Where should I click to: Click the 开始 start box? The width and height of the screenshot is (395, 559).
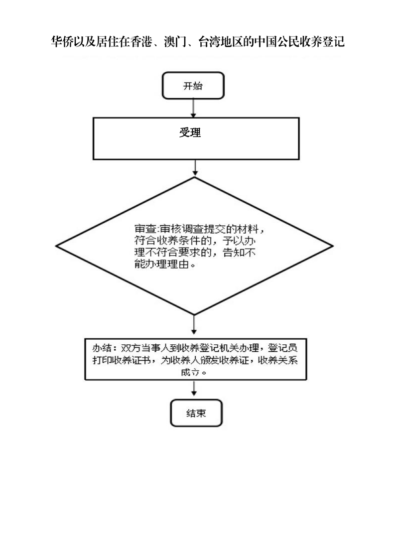[193, 86]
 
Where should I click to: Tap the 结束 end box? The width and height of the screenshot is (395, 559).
[196, 413]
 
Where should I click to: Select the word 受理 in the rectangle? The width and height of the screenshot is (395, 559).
[190, 133]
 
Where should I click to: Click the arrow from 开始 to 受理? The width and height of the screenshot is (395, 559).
[193, 109]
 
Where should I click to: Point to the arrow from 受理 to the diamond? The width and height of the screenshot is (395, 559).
[195, 167]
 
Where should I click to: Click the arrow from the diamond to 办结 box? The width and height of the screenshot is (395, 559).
[194, 324]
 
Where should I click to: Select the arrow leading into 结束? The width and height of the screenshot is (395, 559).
[194, 388]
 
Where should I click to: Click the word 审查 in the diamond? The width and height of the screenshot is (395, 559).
[145, 229]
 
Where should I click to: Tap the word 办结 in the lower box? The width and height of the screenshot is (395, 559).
[102, 348]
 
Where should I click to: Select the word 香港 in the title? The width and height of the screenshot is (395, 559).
[141, 42]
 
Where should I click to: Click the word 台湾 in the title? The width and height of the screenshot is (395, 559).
[209, 42]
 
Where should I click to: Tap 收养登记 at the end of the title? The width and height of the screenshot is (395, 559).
[322, 42]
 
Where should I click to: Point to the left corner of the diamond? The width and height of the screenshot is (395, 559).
[56, 246]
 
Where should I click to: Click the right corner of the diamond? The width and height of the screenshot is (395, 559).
[333, 246]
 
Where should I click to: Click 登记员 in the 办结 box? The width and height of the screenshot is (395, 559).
[283, 348]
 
